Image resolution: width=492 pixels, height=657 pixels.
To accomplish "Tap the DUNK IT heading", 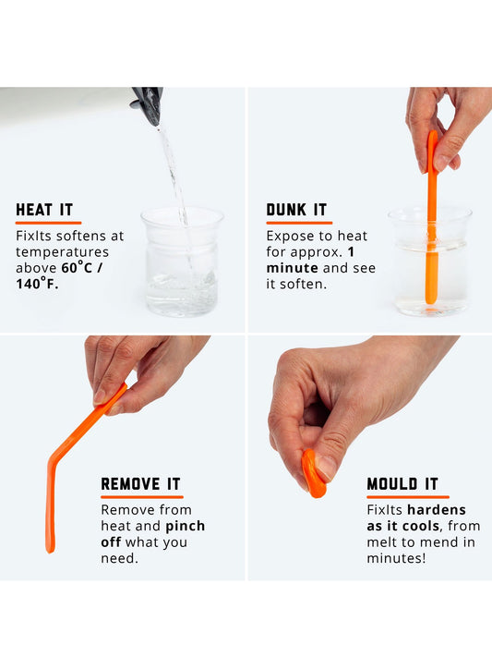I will coord(296,210).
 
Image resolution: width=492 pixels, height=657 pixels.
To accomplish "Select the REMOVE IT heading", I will coord(140,484).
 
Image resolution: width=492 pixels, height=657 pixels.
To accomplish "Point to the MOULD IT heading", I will coord(402,484).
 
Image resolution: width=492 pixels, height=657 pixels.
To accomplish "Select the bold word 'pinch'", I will coord(186,526).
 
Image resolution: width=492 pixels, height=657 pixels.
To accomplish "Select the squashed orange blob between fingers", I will coord(313,473).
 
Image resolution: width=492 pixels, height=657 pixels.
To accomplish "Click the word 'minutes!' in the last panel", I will coord(396,559).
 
